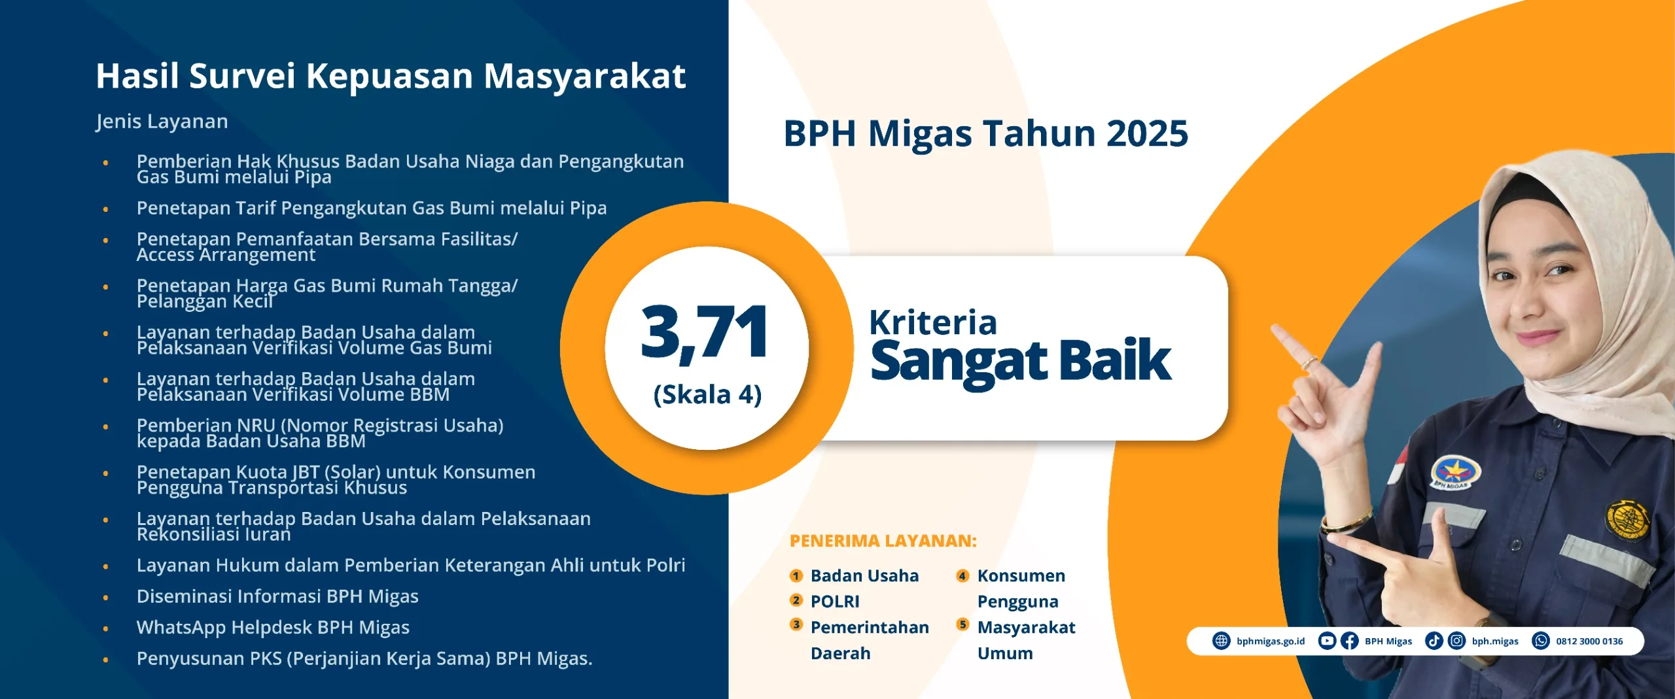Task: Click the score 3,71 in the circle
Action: [x=705, y=333]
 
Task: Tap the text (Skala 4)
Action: [x=707, y=395]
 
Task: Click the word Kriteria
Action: [x=933, y=322]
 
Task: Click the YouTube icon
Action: [x=1327, y=641]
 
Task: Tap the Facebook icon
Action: [x=1349, y=641]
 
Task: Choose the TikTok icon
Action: [x=1434, y=641]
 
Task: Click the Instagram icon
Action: [x=1456, y=641]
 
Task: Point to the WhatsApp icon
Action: [x=1541, y=641]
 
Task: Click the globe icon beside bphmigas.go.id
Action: [x=1222, y=641]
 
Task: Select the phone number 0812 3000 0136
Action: [x=1589, y=641]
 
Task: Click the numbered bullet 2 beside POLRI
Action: [x=796, y=600]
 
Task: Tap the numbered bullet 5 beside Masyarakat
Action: [x=962, y=624]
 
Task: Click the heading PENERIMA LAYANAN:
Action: [x=883, y=541]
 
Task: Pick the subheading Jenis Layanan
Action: [x=162, y=122]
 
